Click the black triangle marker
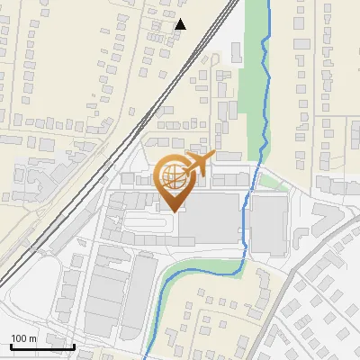coord(181,24)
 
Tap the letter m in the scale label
coord(32,338)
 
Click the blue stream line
coord(264,90)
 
